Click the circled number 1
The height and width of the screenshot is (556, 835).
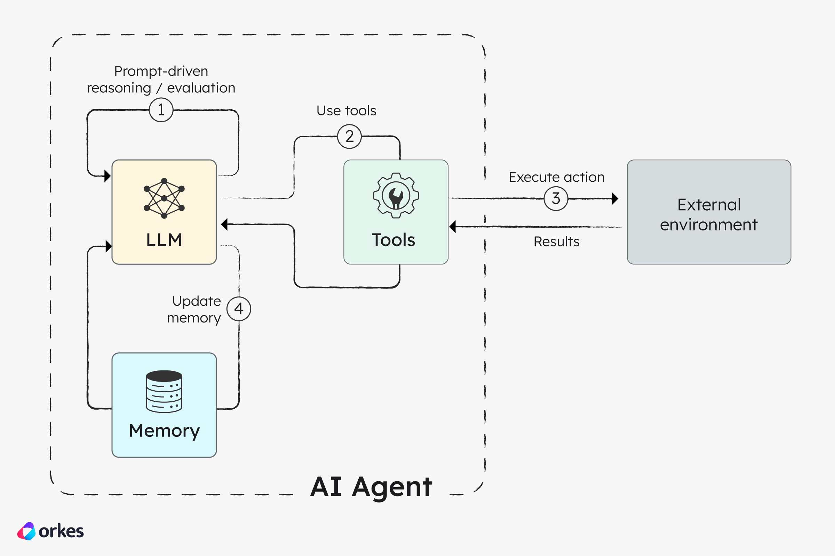pyautogui.click(x=161, y=110)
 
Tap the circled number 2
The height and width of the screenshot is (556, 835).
pyautogui.click(x=349, y=137)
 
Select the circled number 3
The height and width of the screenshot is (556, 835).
pyautogui.click(x=556, y=198)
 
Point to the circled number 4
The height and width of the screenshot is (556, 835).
pyautogui.click(x=239, y=309)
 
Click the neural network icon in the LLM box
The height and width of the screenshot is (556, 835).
pyautogui.click(x=164, y=198)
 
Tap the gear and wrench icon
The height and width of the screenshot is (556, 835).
pyautogui.click(x=396, y=195)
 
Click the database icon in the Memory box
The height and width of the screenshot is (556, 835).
pyautogui.click(x=164, y=392)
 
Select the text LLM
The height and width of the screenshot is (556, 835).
pyautogui.click(x=164, y=240)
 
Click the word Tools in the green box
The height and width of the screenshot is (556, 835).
pyautogui.click(x=393, y=240)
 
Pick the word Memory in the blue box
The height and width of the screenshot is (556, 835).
pyautogui.click(x=164, y=431)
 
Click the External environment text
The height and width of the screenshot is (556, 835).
pyautogui.click(x=709, y=214)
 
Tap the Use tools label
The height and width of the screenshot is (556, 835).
pyautogui.click(x=346, y=111)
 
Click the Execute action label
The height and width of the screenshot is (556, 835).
pyautogui.click(x=556, y=177)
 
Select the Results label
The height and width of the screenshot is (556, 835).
pyautogui.click(x=556, y=242)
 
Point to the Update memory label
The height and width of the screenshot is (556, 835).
pyautogui.click(x=194, y=309)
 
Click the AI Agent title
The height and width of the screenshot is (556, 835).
pyautogui.click(x=371, y=487)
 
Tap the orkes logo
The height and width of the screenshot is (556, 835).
pyautogui.click(x=50, y=531)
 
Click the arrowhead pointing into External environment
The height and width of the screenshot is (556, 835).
pyautogui.click(x=615, y=198)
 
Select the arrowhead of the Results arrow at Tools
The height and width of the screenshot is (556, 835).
pyautogui.click(x=453, y=227)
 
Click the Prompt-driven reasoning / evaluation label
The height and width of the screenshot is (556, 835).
pyautogui.click(x=161, y=80)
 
